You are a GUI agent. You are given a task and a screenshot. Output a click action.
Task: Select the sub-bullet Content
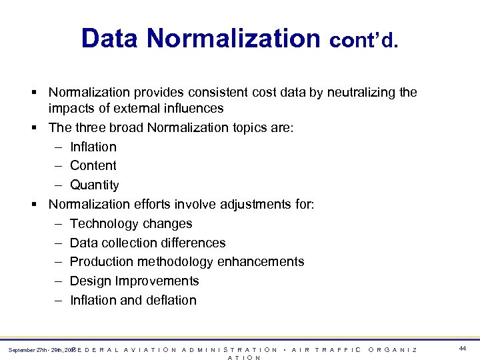(93, 165)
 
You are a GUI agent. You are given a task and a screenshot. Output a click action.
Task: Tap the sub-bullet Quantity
(94, 185)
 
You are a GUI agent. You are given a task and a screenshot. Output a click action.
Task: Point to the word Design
(89, 281)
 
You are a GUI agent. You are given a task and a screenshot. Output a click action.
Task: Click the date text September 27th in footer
(27, 349)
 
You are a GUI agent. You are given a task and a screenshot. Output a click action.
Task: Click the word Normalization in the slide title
(234, 38)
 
